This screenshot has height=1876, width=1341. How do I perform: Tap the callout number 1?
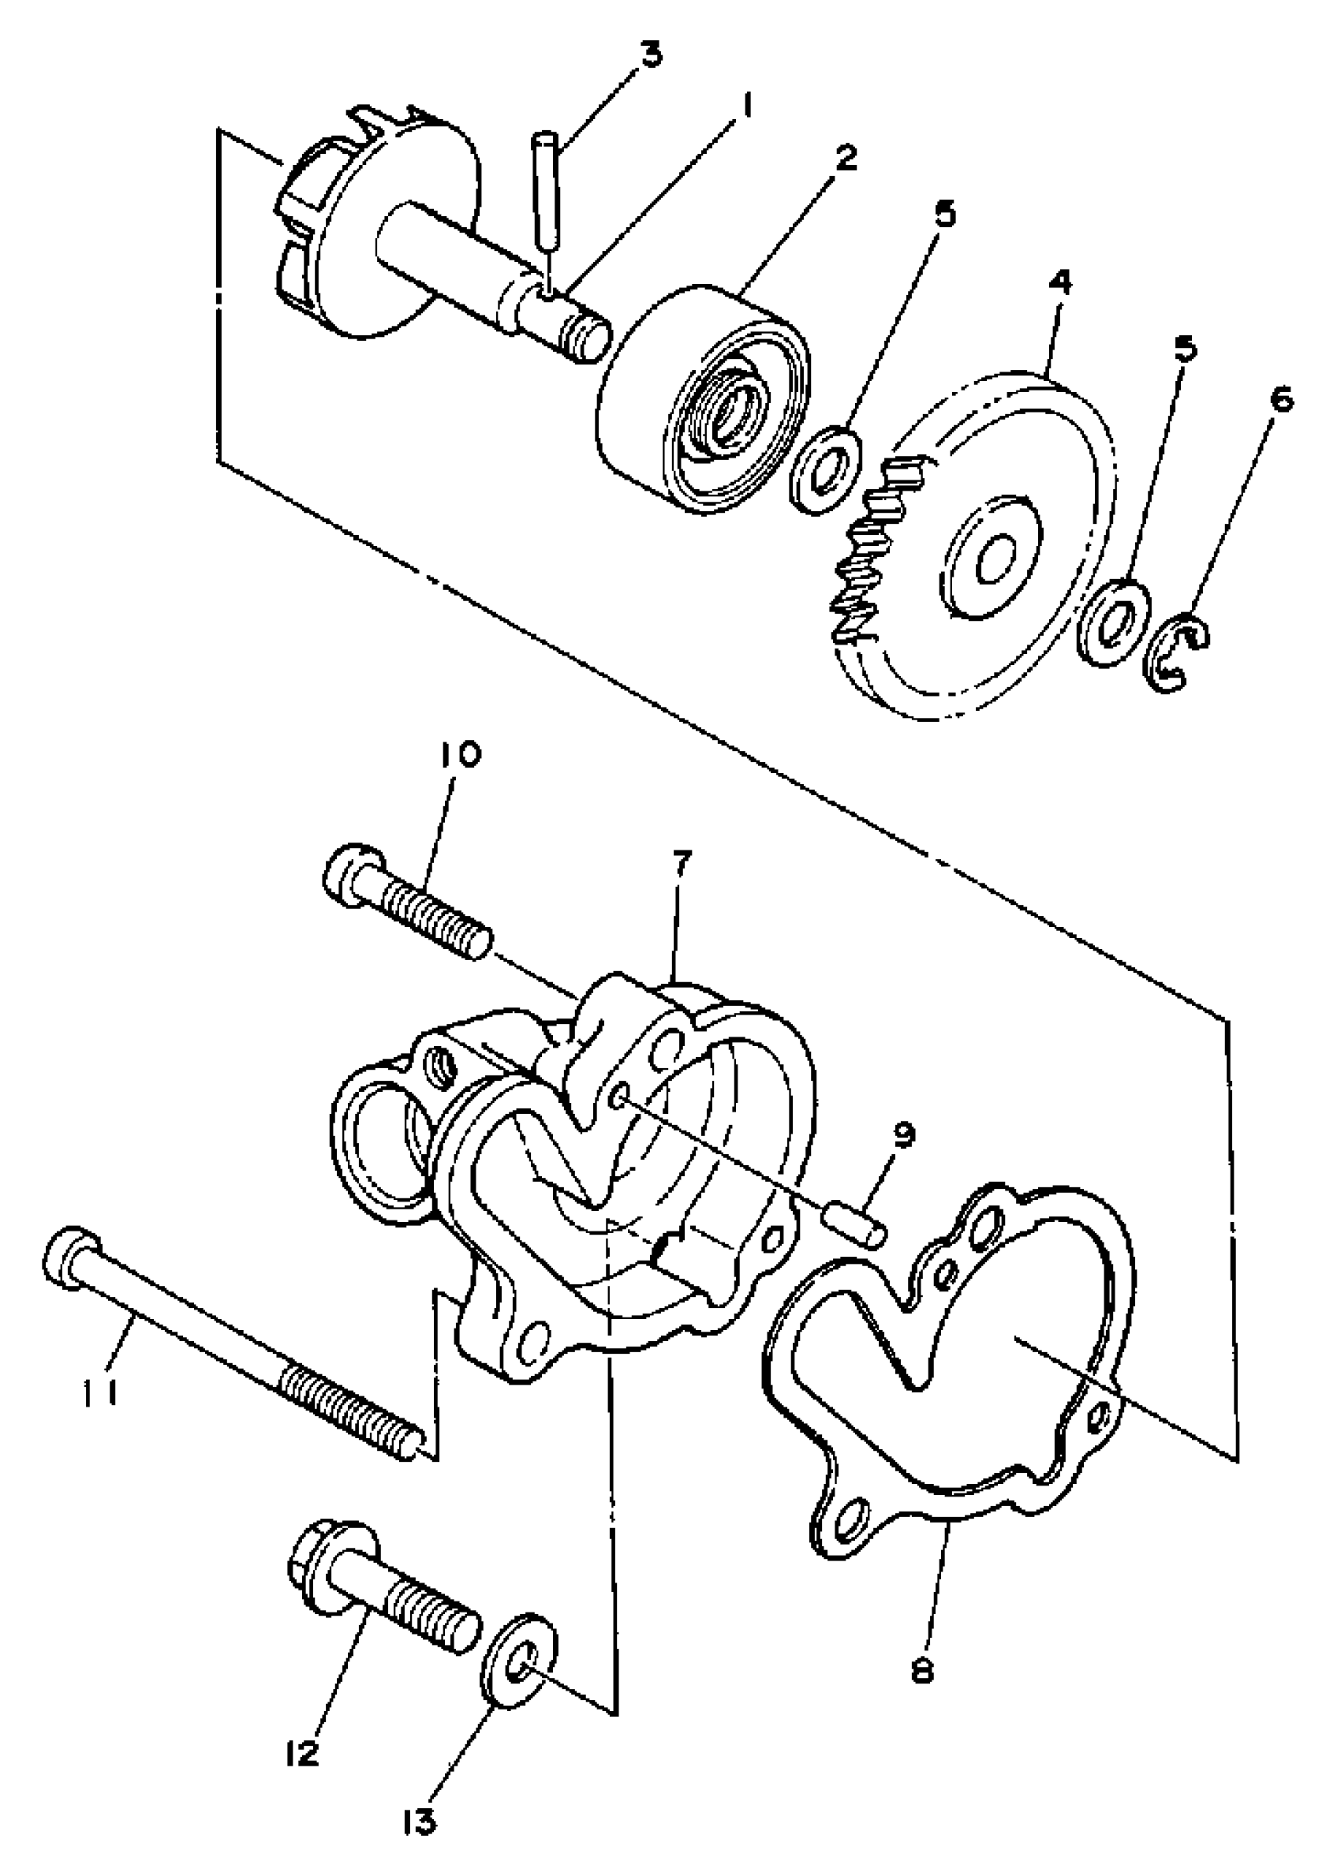(x=747, y=105)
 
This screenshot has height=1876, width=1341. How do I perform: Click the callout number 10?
(x=464, y=757)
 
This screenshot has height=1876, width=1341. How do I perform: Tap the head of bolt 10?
(x=349, y=873)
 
